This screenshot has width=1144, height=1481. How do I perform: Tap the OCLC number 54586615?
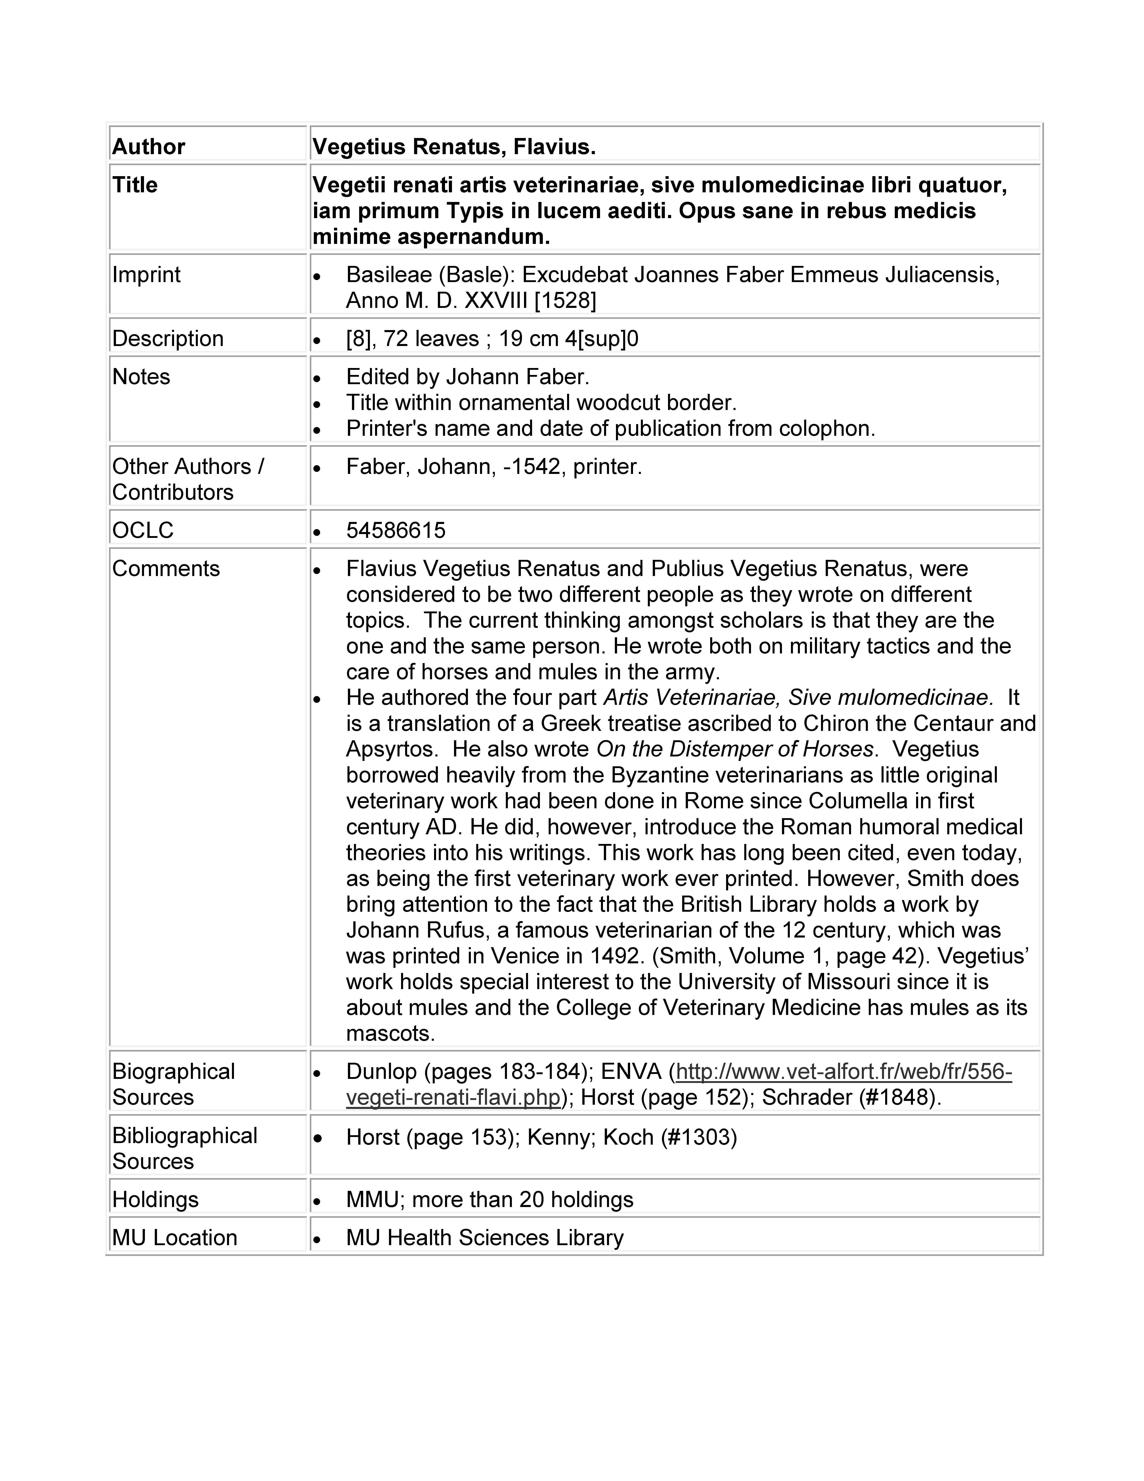click(396, 530)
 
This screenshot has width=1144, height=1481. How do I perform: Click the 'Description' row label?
click(167, 338)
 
